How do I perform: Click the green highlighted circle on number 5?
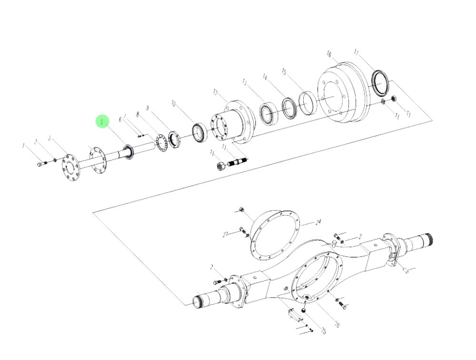pos(102,122)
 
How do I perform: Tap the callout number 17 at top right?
pos(357,51)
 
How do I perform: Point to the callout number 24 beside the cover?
pos(318,222)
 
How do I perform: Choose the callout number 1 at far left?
pos(23,145)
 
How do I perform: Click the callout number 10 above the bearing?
pos(174,103)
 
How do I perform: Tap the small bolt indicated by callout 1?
pos(40,165)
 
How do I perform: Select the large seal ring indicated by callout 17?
pos(380,82)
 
